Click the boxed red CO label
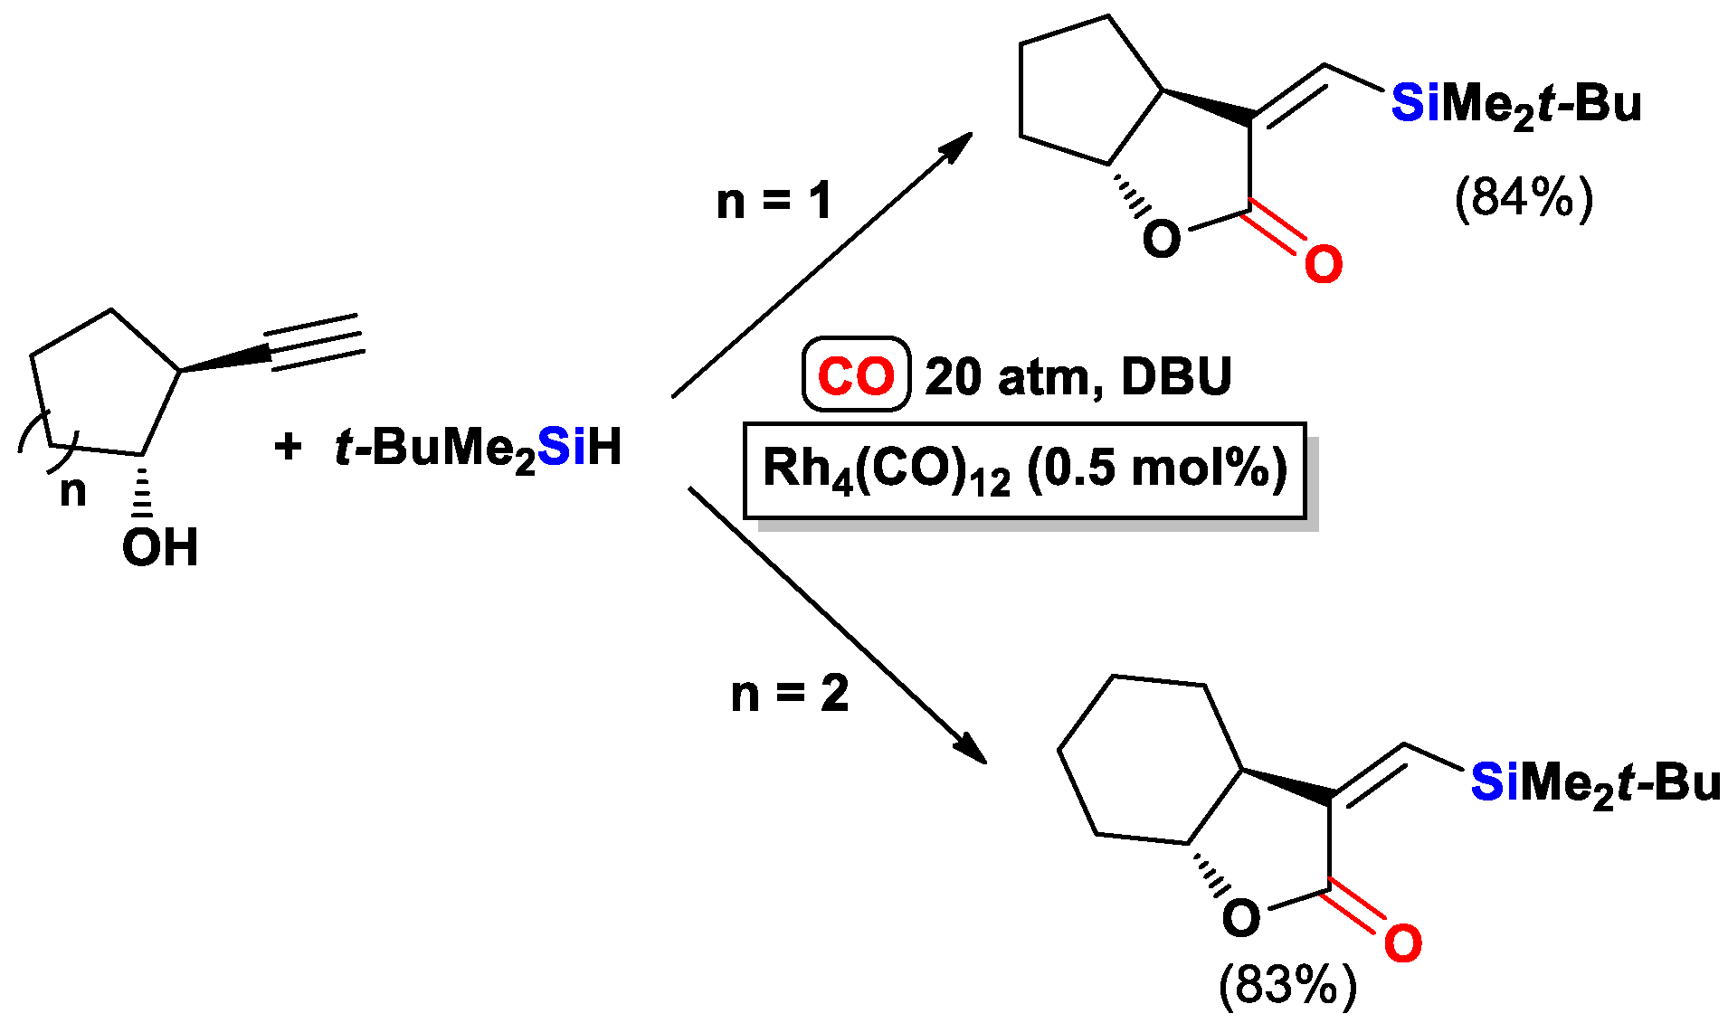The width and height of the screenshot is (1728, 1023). point(855,374)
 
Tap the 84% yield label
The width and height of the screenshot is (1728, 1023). point(1523,197)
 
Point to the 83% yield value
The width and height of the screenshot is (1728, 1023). point(1287,984)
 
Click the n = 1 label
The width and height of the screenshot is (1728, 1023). point(774,201)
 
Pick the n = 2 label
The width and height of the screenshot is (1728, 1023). point(789,695)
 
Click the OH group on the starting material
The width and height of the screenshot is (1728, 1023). point(160,547)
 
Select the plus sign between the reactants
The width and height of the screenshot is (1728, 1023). point(288,446)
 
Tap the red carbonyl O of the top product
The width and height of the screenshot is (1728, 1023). point(1323,265)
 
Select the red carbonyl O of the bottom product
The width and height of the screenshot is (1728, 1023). point(1402,943)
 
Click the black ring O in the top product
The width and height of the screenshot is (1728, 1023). point(1162,239)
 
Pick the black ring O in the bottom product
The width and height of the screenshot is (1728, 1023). point(1240,918)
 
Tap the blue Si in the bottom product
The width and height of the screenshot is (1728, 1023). point(1495,781)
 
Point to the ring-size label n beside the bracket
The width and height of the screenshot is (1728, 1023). point(73,491)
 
